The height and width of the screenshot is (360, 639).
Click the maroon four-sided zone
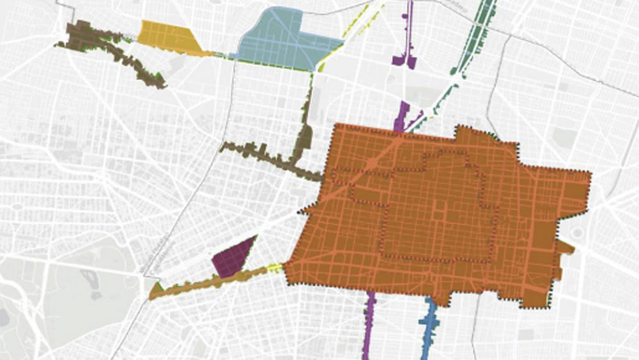click(231, 258)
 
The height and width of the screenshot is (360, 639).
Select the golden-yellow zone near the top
click(167, 37)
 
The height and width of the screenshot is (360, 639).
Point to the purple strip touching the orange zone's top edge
click(402, 115)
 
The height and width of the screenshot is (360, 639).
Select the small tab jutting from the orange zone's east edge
click(565, 247)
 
